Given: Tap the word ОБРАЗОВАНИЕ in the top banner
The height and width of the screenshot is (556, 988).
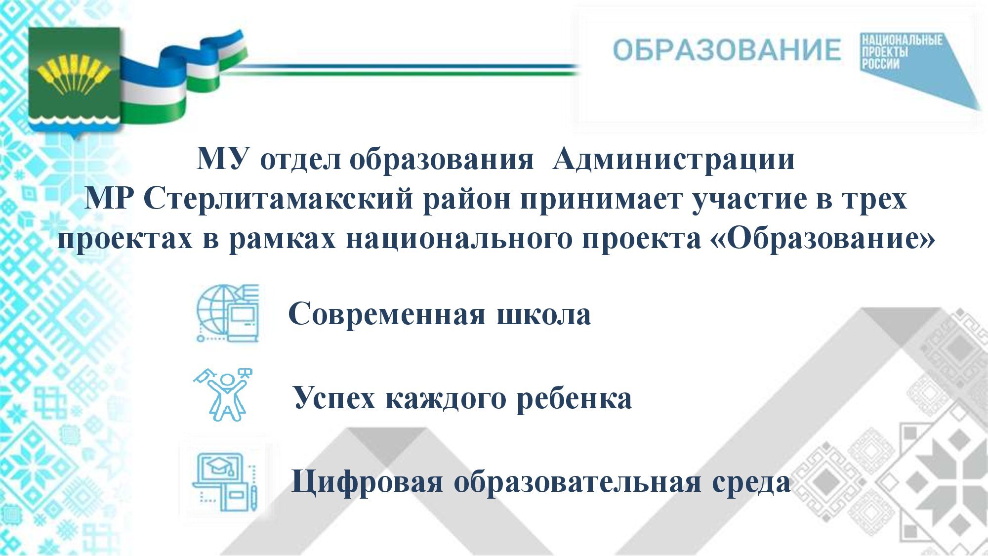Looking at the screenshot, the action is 727,50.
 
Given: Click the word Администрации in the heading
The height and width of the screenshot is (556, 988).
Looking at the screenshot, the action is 674,159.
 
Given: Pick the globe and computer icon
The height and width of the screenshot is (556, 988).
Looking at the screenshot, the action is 228,313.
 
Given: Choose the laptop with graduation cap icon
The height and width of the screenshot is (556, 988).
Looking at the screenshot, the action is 225,481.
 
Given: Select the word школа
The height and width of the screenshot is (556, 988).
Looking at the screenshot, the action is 543,314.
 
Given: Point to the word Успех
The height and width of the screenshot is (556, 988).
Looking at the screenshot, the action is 334,398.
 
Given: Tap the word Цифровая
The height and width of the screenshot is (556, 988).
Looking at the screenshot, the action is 367,482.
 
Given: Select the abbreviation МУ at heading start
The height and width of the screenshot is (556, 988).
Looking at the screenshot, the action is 222,159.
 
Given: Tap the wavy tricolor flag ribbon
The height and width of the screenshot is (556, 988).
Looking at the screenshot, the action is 183,74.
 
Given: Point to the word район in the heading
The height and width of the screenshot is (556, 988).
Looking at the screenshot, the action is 467,199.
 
